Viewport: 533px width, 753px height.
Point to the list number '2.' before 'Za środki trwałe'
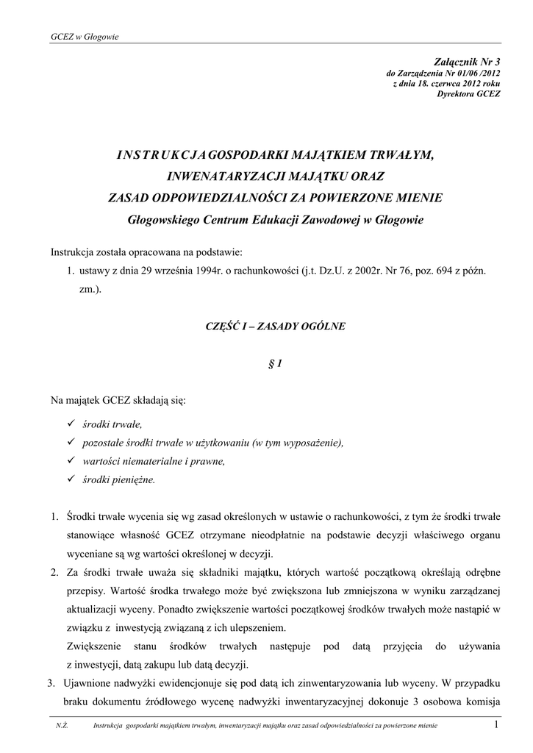(54, 572)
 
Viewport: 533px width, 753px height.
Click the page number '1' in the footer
(497, 726)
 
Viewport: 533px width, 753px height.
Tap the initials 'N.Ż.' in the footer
(62, 727)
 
